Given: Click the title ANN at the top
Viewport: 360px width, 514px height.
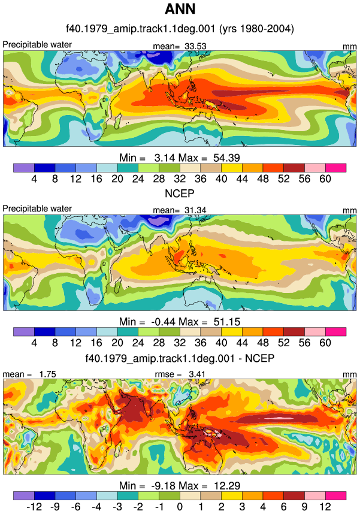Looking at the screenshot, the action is [180, 9].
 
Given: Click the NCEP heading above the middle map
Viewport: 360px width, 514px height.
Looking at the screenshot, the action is [179, 193].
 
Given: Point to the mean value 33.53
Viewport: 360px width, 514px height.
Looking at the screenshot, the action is [195, 46].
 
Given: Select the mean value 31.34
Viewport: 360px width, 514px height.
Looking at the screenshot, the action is [195, 210].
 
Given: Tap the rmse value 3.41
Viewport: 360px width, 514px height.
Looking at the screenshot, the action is [197, 374].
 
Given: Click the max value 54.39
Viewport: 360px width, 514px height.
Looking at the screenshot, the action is [226, 158].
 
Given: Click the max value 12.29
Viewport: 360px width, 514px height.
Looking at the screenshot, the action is [227, 485].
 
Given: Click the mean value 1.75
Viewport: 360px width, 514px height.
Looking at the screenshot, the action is [47, 374].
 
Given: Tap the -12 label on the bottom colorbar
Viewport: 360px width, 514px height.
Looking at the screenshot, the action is [34, 507].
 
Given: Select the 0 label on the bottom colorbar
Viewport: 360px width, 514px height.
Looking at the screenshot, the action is [180, 507].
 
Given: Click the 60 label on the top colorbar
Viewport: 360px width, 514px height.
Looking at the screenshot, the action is [325, 179].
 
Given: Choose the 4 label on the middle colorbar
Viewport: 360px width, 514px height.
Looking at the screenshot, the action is [34, 343].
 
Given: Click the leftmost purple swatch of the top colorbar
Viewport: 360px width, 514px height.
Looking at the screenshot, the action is [23, 168].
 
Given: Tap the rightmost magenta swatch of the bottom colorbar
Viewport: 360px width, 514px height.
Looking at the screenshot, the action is [335, 495].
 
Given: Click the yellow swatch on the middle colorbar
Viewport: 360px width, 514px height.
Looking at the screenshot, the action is [232, 332].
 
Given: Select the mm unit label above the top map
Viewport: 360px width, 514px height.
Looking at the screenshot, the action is [349, 47].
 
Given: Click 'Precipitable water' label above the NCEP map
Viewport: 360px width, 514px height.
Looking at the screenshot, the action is [37, 208].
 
